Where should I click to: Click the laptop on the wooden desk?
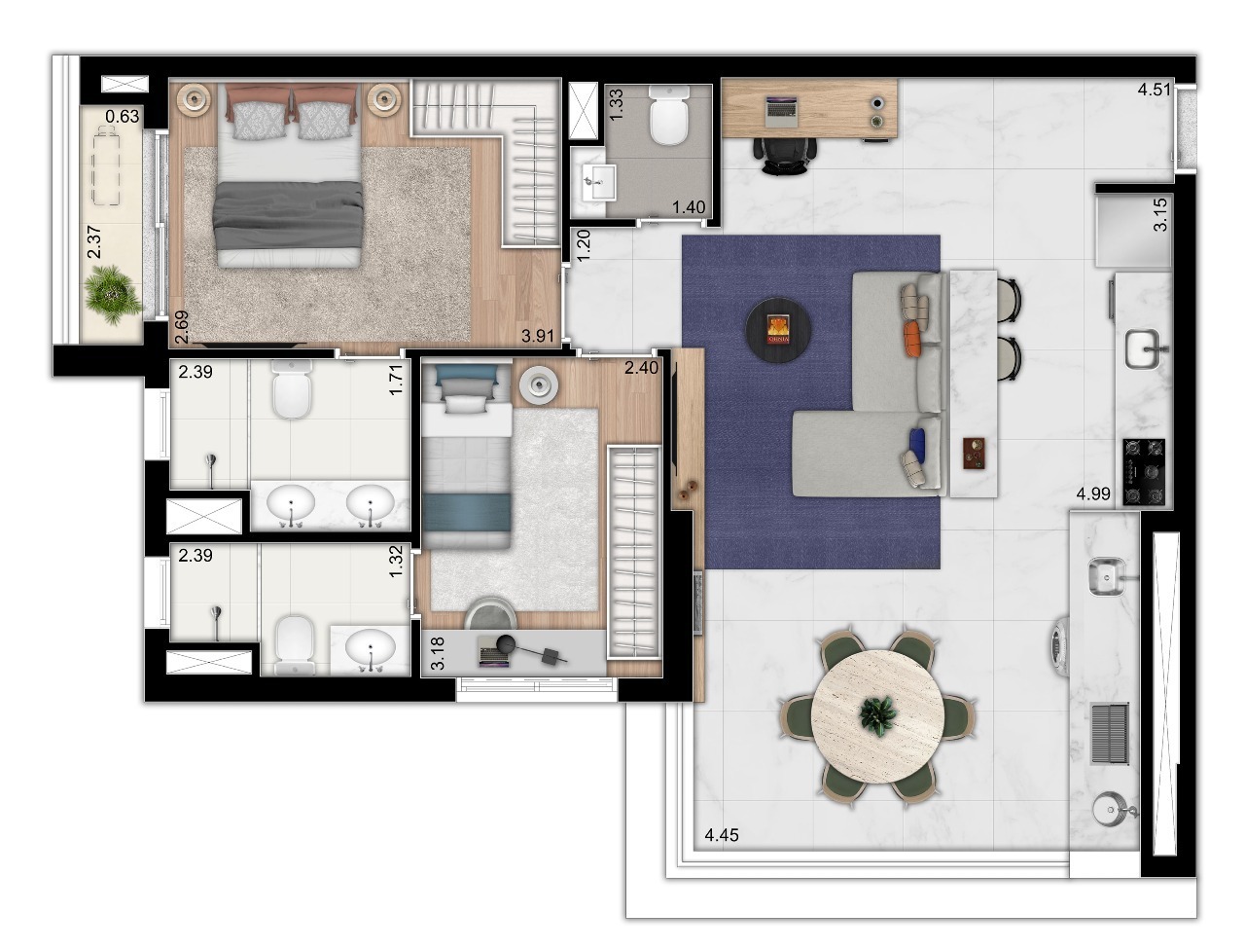click(x=783, y=111)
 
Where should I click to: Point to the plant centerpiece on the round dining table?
click(x=877, y=715)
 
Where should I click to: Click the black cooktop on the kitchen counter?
click(x=1145, y=472)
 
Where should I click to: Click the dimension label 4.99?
click(x=1092, y=494)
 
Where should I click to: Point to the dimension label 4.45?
click(x=722, y=835)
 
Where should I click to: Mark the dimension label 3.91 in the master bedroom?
click(x=539, y=336)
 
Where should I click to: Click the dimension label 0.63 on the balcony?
click(x=123, y=117)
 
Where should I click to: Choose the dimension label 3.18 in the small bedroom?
click(x=438, y=654)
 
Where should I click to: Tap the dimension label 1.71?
click(x=395, y=379)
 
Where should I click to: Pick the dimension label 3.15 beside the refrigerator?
click(x=1159, y=215)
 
